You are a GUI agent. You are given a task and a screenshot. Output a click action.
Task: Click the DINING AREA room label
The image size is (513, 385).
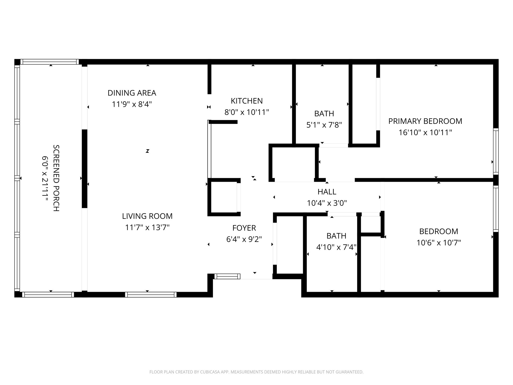[132, 93]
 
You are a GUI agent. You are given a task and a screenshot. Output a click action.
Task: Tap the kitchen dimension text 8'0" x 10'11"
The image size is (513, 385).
[246, 112]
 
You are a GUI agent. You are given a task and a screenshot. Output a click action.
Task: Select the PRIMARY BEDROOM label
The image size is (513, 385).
[425, 121]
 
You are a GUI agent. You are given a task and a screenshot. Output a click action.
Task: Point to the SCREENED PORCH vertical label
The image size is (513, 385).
[56, 178]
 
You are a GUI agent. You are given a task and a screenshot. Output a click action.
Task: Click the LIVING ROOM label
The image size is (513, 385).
[147, 216]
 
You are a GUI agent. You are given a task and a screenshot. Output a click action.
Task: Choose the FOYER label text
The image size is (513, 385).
[244, 228]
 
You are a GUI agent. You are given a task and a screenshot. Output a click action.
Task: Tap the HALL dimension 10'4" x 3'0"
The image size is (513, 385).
[327, 203]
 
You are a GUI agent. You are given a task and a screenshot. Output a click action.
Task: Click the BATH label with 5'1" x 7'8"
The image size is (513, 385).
[324, 114]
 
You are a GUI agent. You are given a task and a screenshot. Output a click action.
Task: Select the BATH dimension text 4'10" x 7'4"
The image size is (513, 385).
[336, 247]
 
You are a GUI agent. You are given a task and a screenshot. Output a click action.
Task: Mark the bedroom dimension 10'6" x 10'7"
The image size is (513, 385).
[439, 243]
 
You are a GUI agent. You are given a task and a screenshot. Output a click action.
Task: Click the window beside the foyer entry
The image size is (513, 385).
[227, 276]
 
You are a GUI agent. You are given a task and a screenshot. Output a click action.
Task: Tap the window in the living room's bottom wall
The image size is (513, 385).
[151, 295]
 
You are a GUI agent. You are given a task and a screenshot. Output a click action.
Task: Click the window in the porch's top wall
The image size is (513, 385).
[50, 62]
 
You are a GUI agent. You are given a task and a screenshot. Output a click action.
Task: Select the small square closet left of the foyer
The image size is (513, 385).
[224, 197]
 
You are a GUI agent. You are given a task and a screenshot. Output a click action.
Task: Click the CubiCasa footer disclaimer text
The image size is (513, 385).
[256, 372]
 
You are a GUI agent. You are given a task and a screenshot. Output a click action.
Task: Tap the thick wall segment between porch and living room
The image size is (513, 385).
[85, 168]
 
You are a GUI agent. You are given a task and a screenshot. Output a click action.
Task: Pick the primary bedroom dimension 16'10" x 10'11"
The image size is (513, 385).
[425, 132]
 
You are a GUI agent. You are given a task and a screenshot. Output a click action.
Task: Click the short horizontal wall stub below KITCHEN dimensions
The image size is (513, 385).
[223, 122]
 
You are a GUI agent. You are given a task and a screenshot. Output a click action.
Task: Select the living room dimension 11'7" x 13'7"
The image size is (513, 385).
[147, 228]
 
